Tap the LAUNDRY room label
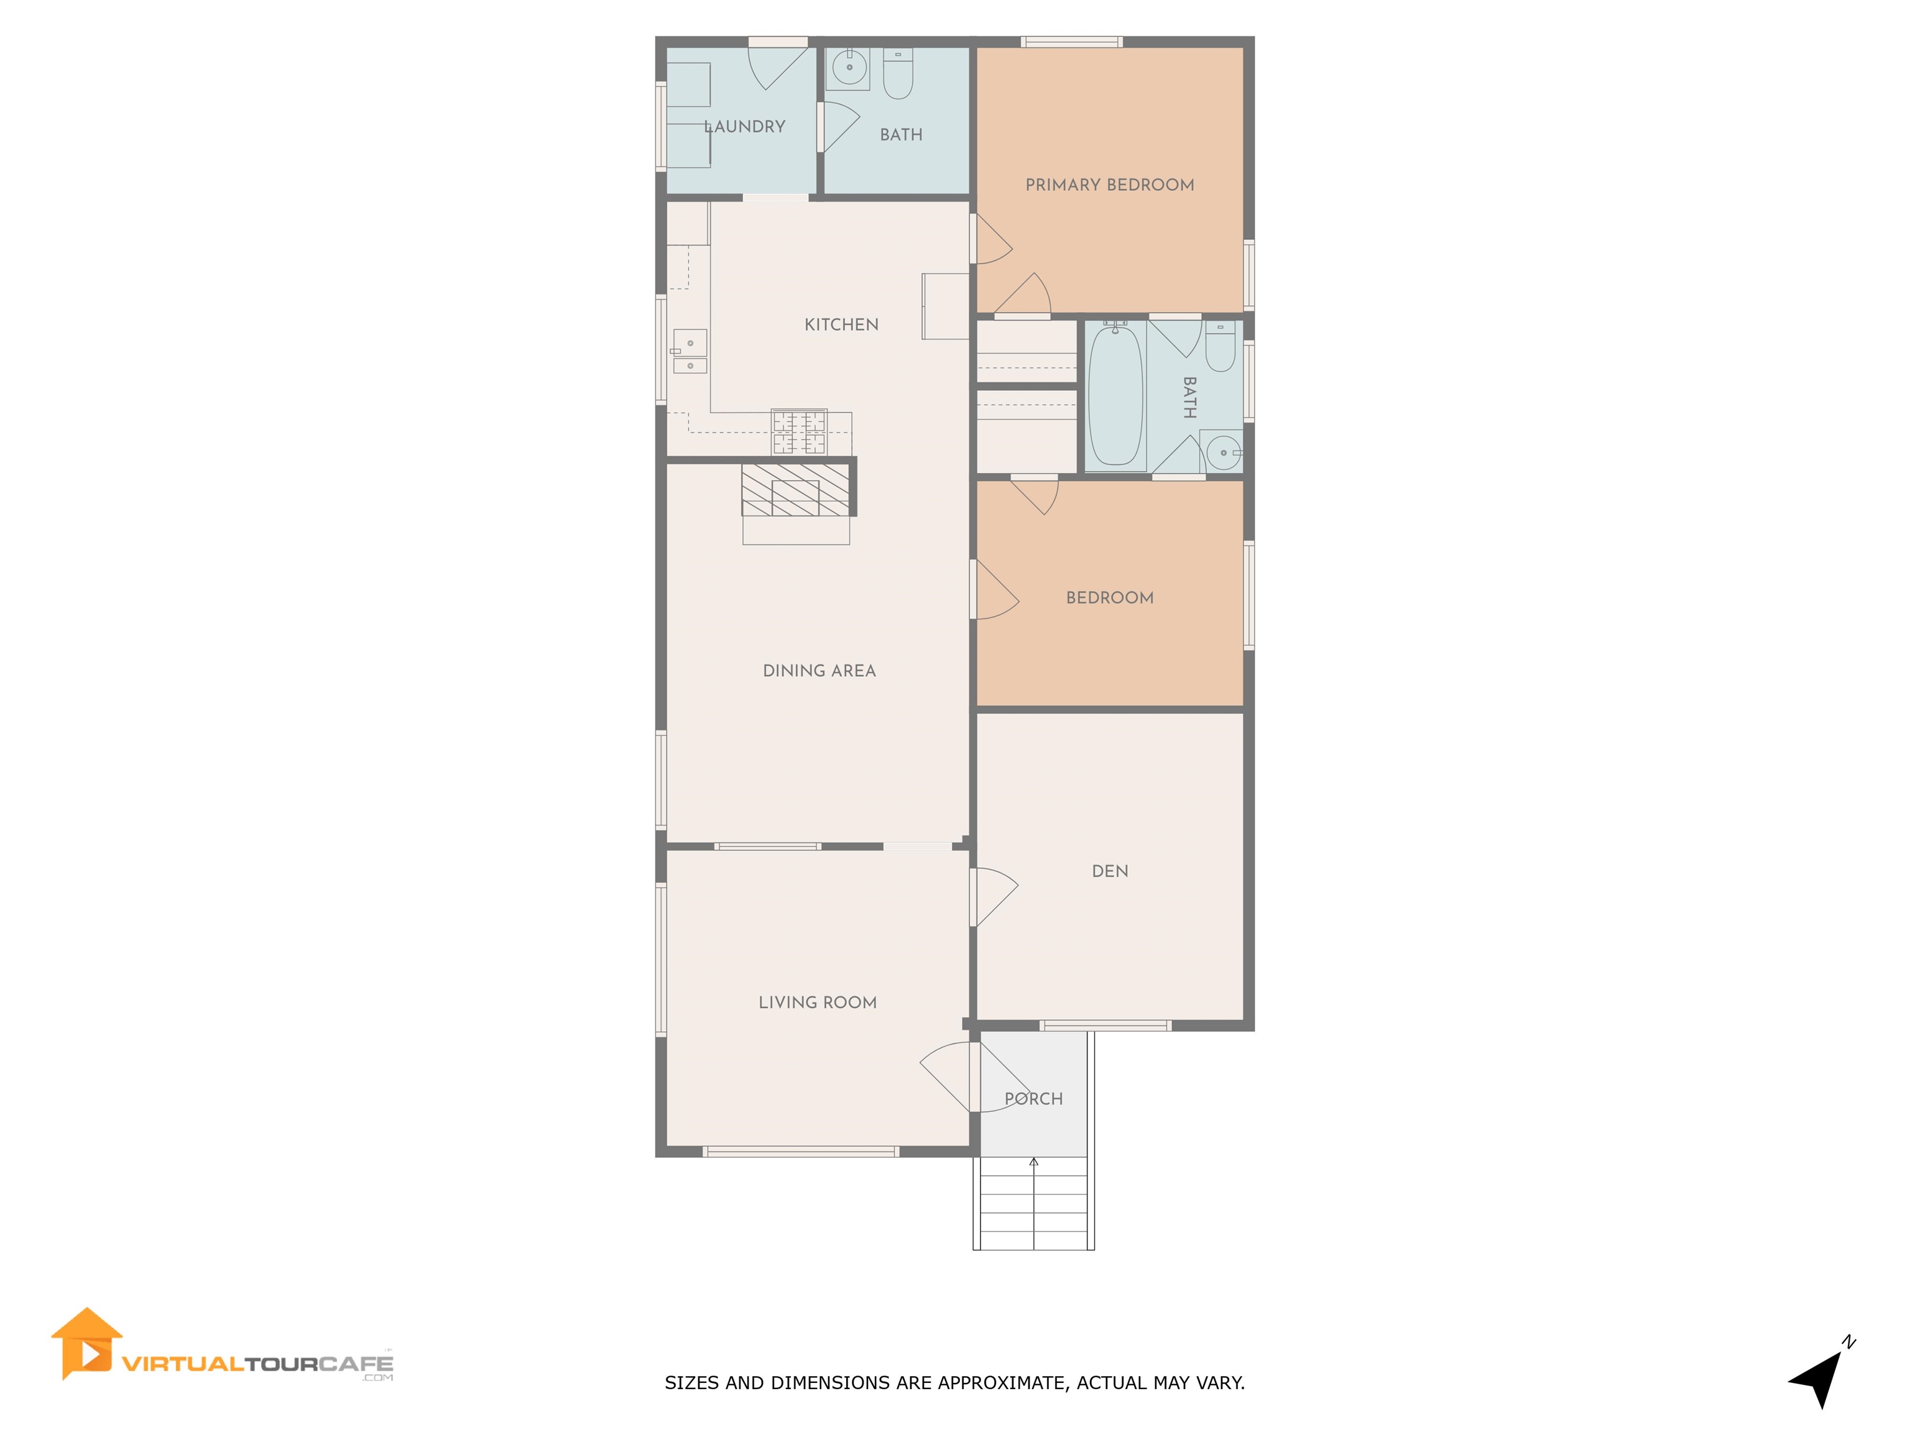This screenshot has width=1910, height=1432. tap(744, 127)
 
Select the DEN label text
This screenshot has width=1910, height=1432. tap(1110, 871)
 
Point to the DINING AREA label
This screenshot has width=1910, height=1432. tap(819, 671)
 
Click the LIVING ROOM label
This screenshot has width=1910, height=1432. tap(817, 1002)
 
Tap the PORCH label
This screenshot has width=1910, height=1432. tap(1033, 1099)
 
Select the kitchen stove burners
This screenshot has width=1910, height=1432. tap(799, 431)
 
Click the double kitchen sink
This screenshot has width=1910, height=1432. tap(690, 352)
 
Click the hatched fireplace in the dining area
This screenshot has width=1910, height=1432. tap(795, 490)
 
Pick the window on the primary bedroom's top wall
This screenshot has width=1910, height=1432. tap(1071, 42)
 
